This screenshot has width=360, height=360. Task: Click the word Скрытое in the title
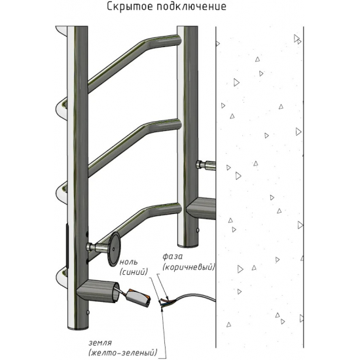tap(130, 7)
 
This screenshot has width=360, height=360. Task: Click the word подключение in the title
tap(192, 7)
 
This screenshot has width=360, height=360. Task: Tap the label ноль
tap(128, 262)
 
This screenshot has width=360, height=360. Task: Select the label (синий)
tap(134, 272)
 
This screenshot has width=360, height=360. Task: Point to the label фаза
tap(172, 257)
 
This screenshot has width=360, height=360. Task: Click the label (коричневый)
tap(189, 267)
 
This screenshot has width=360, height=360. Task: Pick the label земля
tap(100, 343)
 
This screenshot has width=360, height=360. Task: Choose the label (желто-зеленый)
tap(123, 353)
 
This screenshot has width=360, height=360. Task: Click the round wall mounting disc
tap(114, 249)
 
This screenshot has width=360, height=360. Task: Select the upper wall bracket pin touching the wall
tap(206, 165)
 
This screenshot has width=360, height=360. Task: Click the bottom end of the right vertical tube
tap(188, 245)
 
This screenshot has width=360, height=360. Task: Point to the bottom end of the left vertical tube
tap(78, 327)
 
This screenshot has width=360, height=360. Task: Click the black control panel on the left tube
tap(67, 246)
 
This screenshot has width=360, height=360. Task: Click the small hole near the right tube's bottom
tap(198, 230)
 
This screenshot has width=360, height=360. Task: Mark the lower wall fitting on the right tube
tap(201, 208)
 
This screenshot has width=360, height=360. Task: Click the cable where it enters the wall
tap(214, 299)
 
